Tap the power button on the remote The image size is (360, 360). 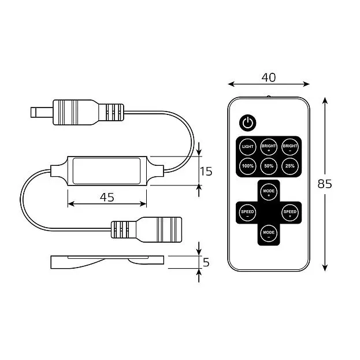(x=247, y=123)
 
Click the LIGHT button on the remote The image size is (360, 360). (x=247, y=146)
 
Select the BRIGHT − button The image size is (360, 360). (x=290, y=147)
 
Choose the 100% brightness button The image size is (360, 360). (x=247, y=166)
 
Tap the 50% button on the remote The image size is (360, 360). (x=269, y=166)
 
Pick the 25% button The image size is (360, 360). (x=290, y=166)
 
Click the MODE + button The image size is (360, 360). (x=269, y=192)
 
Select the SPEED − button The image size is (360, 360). (x=247, y=213)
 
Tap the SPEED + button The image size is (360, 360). (x=290, y=213)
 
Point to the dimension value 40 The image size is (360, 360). (x=268, y=77)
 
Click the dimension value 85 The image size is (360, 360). (x=325, y=184)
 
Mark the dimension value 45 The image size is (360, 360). (x=107, y=197)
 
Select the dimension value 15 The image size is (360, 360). (x=206, y=172)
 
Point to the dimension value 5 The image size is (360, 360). (x=206, y=262)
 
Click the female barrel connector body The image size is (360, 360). (x=146, y=229)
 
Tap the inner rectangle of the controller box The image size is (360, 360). (x=106, y=171)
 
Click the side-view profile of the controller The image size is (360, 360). (x=107, y=262)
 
